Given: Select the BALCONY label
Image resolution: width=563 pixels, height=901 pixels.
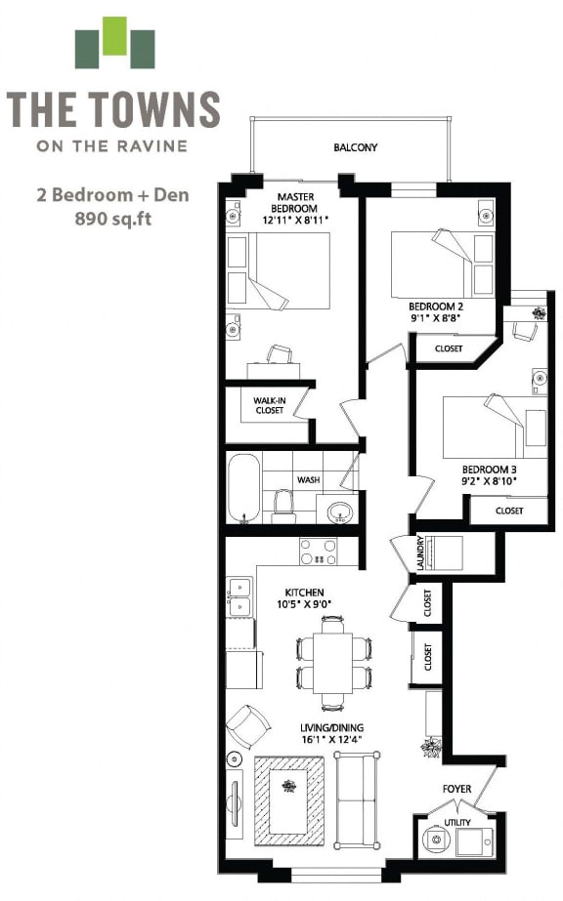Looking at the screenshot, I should coord(355,148).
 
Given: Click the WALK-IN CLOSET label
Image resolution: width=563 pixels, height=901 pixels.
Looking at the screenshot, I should coord(269,405).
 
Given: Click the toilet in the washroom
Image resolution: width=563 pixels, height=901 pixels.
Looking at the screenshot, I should coord(284,504).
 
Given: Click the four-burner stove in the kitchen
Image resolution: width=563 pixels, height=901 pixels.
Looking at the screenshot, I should coord(318,552).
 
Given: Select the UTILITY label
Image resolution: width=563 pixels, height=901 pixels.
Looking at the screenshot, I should coord(457,823).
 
